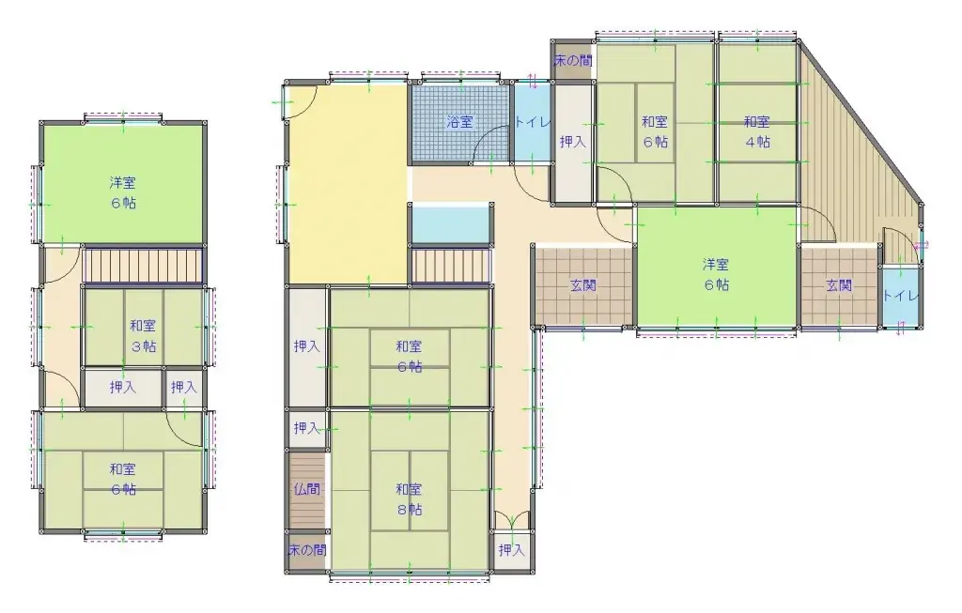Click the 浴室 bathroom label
click(459, 122)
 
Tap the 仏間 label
click(306, 489)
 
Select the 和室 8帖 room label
click(410, 499)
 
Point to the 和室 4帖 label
click(757, 131)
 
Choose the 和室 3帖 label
click(143, 336)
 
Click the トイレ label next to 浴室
click(533, 122)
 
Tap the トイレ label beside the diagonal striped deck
click(901, 296)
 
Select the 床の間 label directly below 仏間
click(307, 550)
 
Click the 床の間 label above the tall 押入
click(572, 61)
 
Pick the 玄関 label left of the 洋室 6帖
click(582, 285)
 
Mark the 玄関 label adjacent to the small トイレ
click(839, 285)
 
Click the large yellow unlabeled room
click(348, 184)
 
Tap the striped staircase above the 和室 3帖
click(143, 265)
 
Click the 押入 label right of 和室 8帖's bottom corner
click(511, 550)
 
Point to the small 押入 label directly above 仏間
click(306, 427)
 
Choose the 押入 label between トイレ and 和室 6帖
click(572, 142)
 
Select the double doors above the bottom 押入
click(511, 520)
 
